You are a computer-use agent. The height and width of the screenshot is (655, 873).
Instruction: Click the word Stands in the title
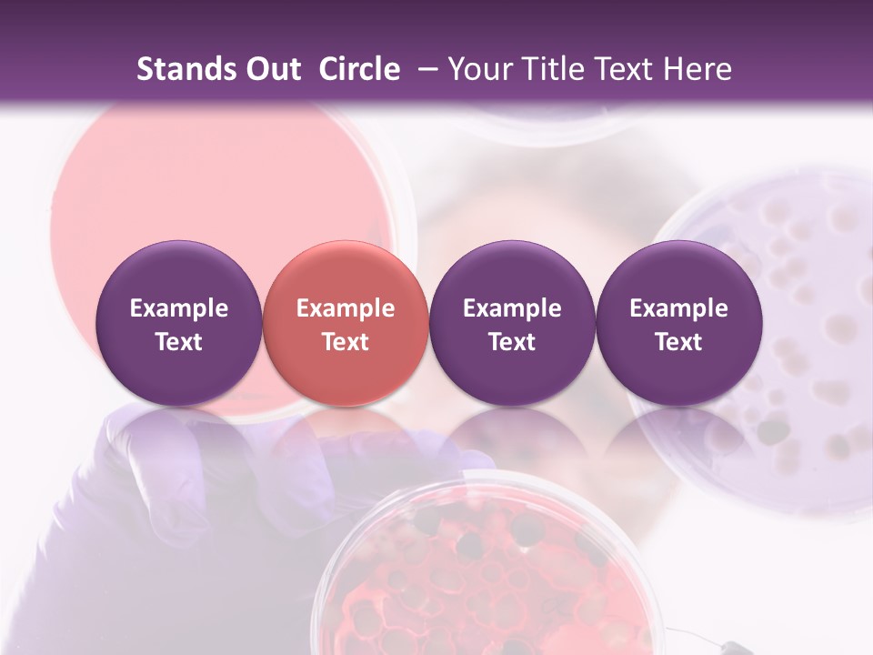pos(186,69)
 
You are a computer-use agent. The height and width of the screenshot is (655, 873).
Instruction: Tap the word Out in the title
pos(272,69)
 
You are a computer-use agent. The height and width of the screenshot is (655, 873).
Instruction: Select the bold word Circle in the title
pos(359,69)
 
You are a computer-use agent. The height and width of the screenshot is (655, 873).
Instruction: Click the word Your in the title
pos(480,69)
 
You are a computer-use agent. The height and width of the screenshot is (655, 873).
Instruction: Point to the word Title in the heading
pos(550,69)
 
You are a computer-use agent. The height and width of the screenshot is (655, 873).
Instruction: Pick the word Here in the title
pos(696,69)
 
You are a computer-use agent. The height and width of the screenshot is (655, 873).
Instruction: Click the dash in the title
pos(425,69)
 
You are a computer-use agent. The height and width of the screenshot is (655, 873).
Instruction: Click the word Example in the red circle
pos(346,308)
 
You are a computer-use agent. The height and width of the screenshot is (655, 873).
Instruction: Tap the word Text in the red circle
pos(346,342)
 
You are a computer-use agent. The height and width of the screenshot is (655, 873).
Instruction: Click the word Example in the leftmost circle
pos(179,308)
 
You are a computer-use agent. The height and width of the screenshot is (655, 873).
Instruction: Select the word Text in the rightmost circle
pos(679,342)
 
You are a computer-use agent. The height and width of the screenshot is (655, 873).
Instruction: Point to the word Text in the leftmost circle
pos(179,342)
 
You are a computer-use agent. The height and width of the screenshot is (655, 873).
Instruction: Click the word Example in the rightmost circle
pos(679,308)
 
